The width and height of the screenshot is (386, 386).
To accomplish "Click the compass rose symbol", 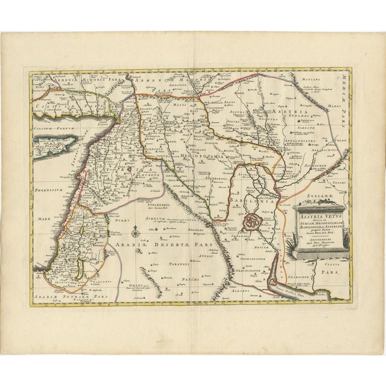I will point(138,230).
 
